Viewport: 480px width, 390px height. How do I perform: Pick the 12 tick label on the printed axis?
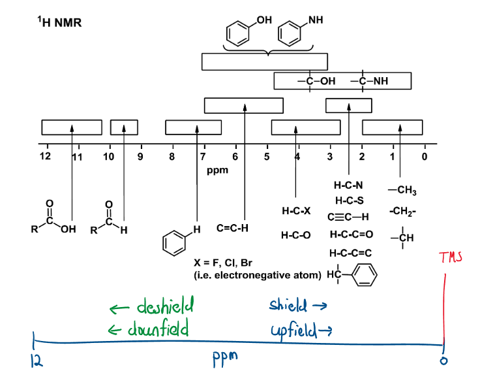pyautogui.click(x=44, y=157)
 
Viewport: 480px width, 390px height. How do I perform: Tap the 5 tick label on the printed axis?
pyautogui.click(x=267, y=157)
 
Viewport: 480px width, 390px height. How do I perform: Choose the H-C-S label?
pyautogui.click(x=349, y=200)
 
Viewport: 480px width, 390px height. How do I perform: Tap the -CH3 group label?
pyautogui.click(x=402, y=191)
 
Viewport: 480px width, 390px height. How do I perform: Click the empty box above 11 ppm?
pyautogui.click(x=72, y=127)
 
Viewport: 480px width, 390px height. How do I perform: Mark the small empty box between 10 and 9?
pyautogui.click(x=124, y=127)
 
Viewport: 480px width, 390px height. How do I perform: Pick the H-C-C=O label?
pyautogui.click(x=352, y=234)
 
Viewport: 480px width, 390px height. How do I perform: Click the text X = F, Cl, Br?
pyautogui.click(x=223, y=263)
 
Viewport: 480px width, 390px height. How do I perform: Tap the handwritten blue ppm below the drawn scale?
pyautogui.click(x=226, y=359)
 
